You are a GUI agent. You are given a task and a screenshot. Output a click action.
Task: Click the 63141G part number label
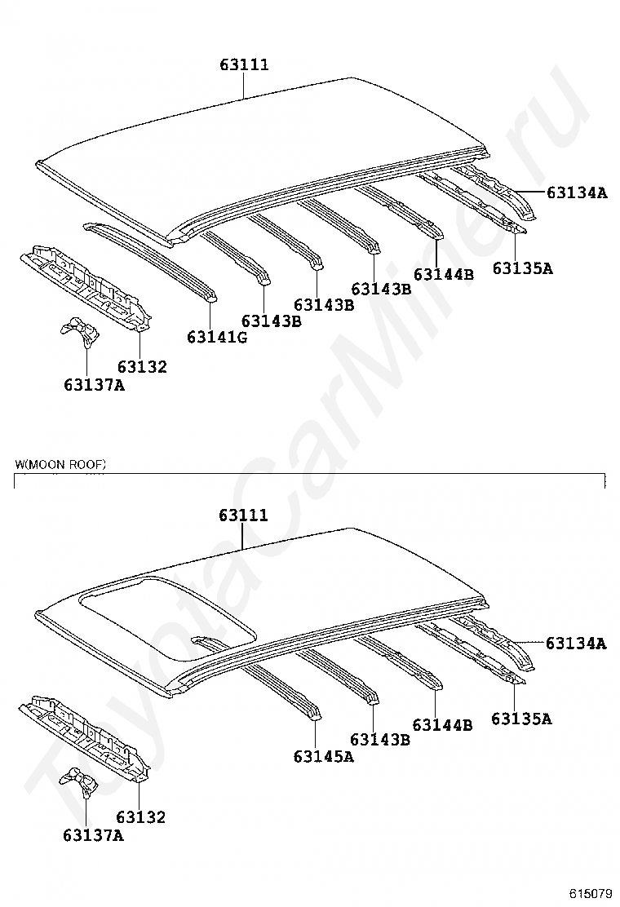point(217,337)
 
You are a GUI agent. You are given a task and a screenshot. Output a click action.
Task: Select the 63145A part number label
point(324,757)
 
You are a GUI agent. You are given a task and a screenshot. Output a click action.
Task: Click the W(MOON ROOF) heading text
point(60,464)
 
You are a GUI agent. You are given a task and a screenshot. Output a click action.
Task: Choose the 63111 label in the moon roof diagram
point(243,516)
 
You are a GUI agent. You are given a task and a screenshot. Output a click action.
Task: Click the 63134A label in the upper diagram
point(577,193)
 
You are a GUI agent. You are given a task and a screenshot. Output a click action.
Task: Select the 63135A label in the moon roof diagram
point(521,719)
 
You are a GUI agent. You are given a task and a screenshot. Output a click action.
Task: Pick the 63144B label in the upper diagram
point(443,274)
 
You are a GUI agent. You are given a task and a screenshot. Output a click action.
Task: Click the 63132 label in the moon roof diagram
point(140,816)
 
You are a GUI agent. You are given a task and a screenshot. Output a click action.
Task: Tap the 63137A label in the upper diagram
point(94,384)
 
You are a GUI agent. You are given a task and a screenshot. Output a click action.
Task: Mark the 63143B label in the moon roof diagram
point(379,740)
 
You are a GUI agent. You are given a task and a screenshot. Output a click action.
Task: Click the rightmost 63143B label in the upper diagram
point(381,289)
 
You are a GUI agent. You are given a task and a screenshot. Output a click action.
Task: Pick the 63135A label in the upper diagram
point(522,268)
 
